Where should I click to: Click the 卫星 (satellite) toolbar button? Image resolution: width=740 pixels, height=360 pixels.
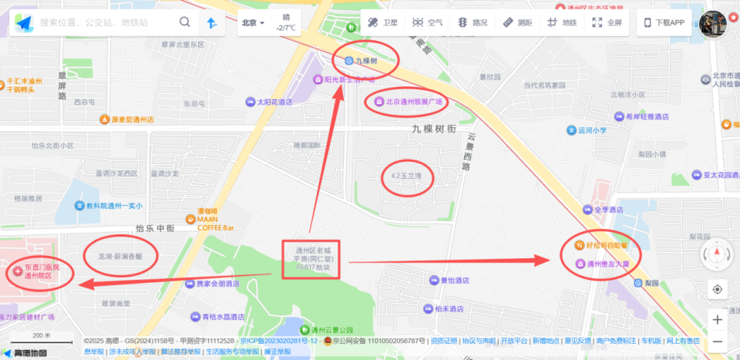[x=383, y=22]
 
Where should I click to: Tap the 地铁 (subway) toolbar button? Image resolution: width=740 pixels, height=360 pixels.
[x=562, y=22]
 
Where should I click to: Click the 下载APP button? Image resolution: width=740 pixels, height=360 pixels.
[x=664, y=22]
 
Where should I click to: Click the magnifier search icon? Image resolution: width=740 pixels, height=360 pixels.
[x=185, y=22]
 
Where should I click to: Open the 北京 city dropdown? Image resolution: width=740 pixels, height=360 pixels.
[x=253, y=22]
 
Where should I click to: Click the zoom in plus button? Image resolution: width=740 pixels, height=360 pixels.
[x=718, y=319]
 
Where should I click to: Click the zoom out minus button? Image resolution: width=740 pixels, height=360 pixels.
[x=718, y=340]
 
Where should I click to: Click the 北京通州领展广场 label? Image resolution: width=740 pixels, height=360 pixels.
[x=408, y=101]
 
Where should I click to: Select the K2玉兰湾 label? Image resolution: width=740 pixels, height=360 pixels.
[x=408, y=177]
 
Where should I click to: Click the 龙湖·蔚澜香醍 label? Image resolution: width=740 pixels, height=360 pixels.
[x=119, y=256]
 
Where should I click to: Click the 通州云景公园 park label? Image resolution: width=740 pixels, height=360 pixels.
[x=331, y=330]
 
